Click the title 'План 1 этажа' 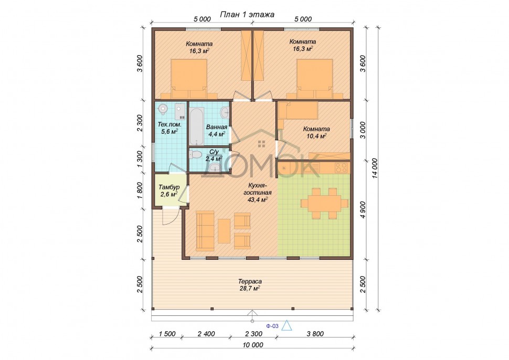point(247,14)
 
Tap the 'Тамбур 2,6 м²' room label point(169,191)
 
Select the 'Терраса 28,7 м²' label point(250,285)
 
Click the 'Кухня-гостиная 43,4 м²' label point(258,193)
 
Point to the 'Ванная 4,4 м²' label point(217,130)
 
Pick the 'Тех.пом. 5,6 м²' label point(169,128)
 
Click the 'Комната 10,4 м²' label point(316,132)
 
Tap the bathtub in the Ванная point(196,126)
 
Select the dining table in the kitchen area point(324,203)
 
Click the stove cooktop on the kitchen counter point(341,167)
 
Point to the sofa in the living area point(205,230)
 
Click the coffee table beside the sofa point(224,231)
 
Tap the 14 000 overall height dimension point(375,168)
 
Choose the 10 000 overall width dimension point(252,345)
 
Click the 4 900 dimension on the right point(363,210)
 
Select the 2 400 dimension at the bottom point(206,334)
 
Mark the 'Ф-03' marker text point(272,326)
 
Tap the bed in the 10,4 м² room point(298,111)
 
